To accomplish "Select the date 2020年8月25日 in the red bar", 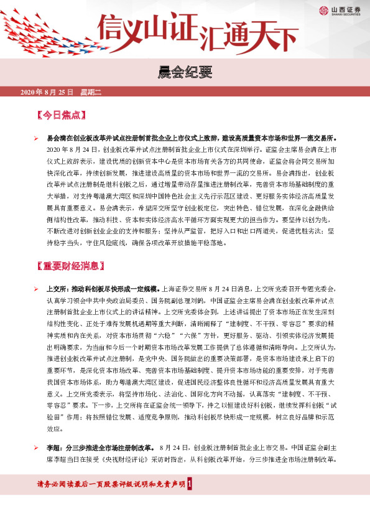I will pyautogui.click(x=47, y=92).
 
